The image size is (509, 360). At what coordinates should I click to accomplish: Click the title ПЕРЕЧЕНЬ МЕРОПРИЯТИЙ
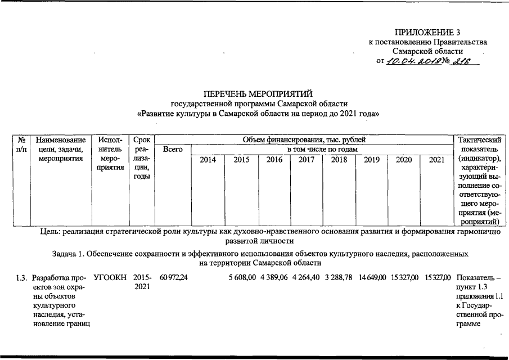[x=258, y=93]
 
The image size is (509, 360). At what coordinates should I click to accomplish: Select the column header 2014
[x=208, y=160]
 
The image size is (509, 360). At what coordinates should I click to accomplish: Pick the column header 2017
[x=306, y=160]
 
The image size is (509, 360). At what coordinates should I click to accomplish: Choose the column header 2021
[x=436, y=160]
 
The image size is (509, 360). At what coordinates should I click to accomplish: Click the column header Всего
[x=172, y=149]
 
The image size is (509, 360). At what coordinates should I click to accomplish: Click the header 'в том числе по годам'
[x=323, y=149]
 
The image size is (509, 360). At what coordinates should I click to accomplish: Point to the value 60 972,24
[x=173, y=278]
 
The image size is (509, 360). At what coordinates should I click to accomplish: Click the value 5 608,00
[x=242, y=278]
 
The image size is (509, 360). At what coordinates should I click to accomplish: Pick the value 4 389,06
[x=274, y=278]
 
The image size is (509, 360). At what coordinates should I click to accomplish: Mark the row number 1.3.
[x=21, y=278]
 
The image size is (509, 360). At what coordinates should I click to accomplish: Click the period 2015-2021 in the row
[x=142, y=282]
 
